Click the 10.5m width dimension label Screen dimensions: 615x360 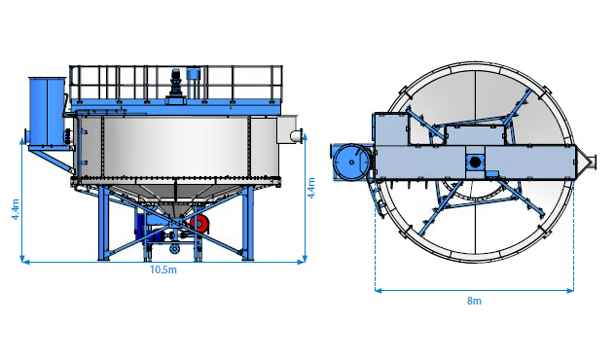(163, 270)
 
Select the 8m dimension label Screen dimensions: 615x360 (474, 301)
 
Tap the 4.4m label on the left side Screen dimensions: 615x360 (16, 209)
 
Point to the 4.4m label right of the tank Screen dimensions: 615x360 (310, 188)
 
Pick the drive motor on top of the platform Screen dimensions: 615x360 (175, 84)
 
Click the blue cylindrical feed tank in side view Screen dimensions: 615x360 (47, 112)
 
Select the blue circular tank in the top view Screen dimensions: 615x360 (351, 162)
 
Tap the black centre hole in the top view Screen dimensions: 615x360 (475, 162)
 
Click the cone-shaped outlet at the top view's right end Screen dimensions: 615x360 (585, 162)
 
